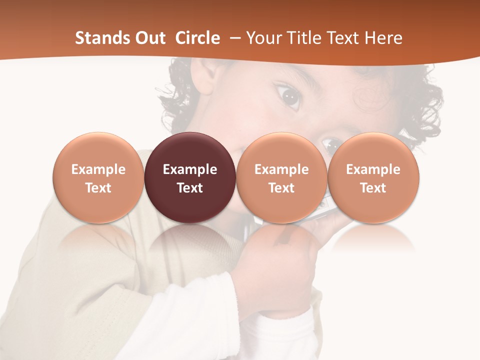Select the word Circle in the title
tap(197, 38)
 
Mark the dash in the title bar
tap(233, 38)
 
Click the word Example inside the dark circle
tap(190, 169)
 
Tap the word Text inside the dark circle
tap(190, 188)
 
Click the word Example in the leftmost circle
tap(98, 169)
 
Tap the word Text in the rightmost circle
tap(373, 188)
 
